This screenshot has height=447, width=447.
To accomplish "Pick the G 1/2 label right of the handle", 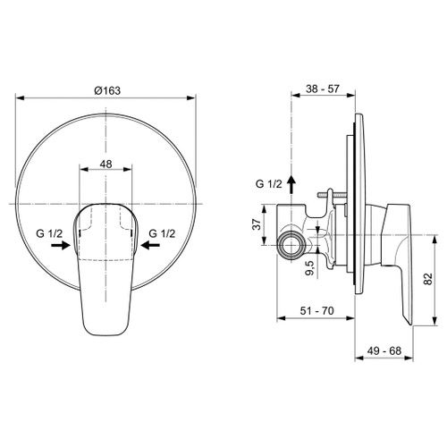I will (x=164, y=233).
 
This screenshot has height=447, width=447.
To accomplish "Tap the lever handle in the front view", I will (x=106, y=268).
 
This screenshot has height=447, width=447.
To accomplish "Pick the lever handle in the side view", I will (x=399, y=259).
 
